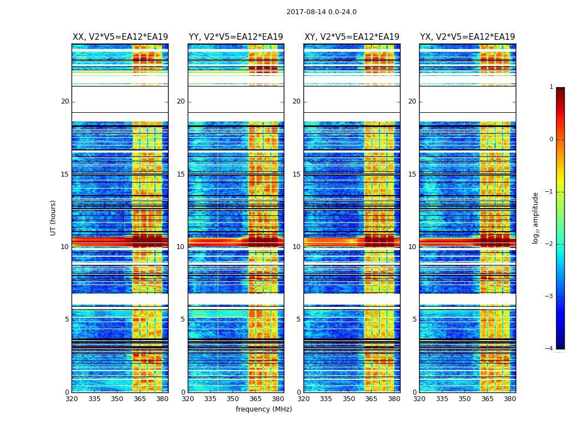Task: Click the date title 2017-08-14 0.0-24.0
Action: point(321,12)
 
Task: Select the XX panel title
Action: point(120,37)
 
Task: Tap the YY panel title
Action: point(236,37)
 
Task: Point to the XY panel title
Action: point(351,37)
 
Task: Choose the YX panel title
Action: point(467,37)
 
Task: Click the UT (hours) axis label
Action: point(53,217)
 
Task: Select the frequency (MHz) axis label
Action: point(264,409)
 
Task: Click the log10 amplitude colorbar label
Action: point(536,217)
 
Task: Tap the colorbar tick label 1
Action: point(551,87)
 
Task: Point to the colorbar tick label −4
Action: point(550,349)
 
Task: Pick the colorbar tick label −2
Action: point(550,244)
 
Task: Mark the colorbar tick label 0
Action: point(551,140)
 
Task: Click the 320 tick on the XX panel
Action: point(72,399)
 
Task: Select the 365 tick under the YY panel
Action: point(255,399)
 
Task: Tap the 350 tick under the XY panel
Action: point(349,399)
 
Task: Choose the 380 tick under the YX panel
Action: point(510,399)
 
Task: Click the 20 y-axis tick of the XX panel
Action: point(65,101)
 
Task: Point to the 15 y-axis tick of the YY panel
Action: point(181,174)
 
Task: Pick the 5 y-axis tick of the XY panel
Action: point(299,319)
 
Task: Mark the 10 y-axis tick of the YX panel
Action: point(412,247)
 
